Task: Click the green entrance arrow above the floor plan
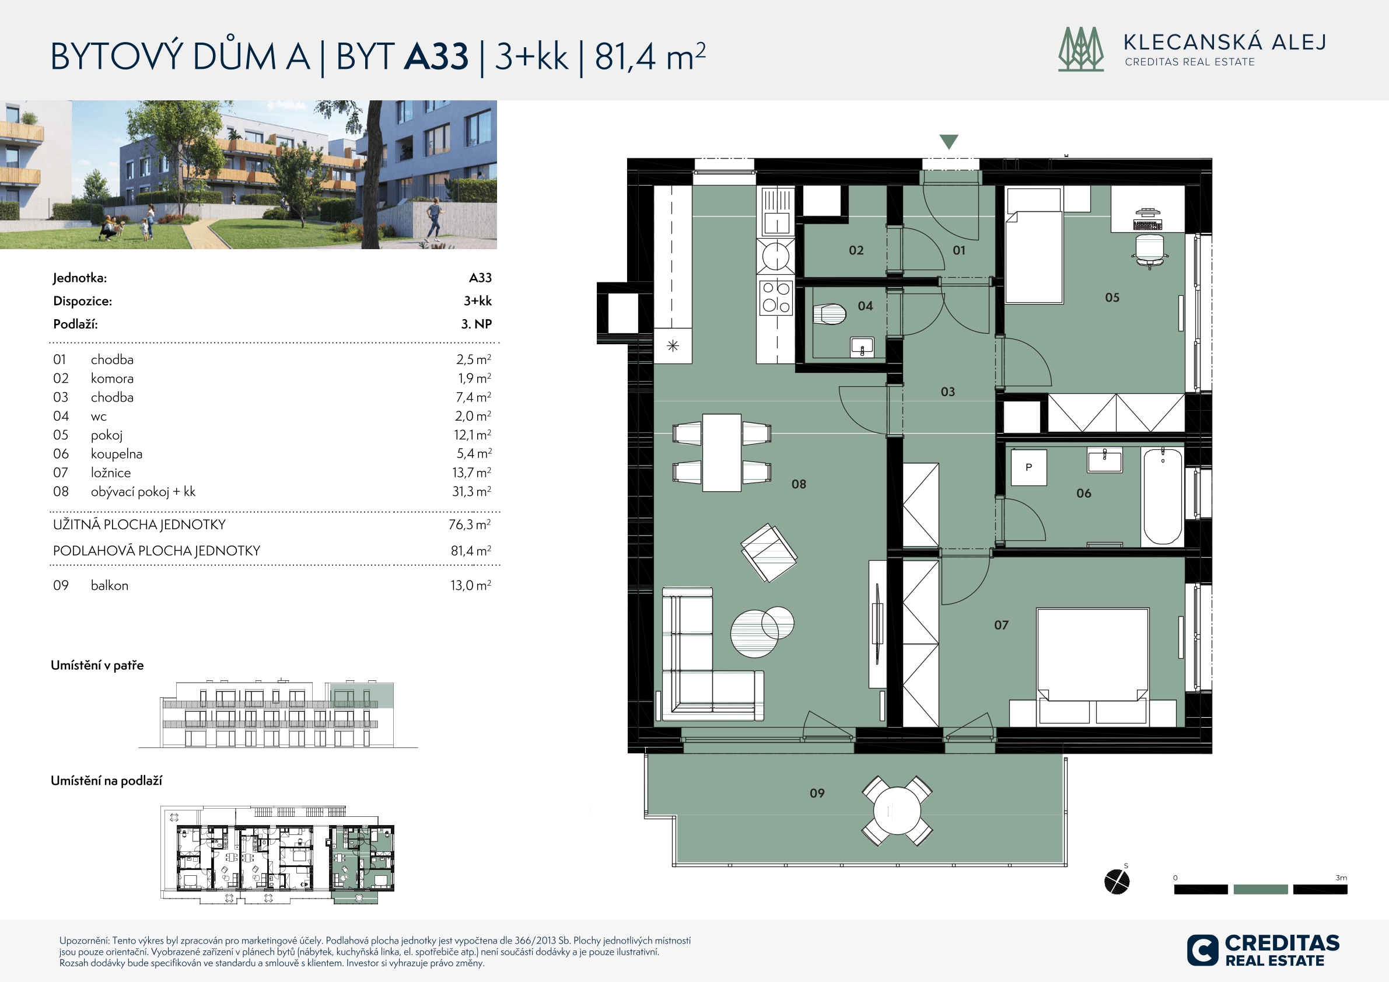pos(949,141)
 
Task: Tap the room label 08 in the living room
pos(799,484)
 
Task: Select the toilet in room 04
pos(830,314)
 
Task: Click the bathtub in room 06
pos(1162,497)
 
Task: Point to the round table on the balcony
pos(897,811)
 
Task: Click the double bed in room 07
pos(1093,666)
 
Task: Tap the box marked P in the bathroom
pos(1028,467)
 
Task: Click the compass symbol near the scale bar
pos(1117,881)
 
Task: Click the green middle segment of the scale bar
pos(1261,889)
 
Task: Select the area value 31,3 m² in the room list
pos(472,491)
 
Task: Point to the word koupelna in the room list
pos(117,454)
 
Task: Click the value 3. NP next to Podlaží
pos(477,324)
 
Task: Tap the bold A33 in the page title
pos(436,56)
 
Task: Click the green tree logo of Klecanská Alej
pos(1081,49)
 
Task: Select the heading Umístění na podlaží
pos(107,781)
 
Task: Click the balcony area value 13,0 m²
pos(471,585)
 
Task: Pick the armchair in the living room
pos(769,553)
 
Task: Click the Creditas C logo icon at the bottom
pos(1202,950)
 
